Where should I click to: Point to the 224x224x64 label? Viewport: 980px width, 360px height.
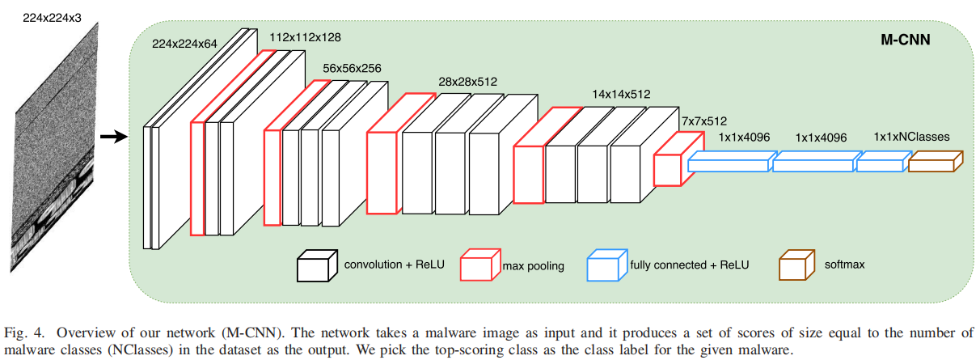(x=185, y=45)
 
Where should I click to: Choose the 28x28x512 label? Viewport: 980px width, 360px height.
(x=467, y=82)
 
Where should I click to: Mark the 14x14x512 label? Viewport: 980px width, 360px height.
(x=621, y=95)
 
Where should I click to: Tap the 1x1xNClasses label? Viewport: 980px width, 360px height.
(x=911, y=138)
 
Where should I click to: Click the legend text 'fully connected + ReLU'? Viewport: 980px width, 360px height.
(x=689, y=265)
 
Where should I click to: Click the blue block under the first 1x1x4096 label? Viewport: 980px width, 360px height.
(x=729, y=165)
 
